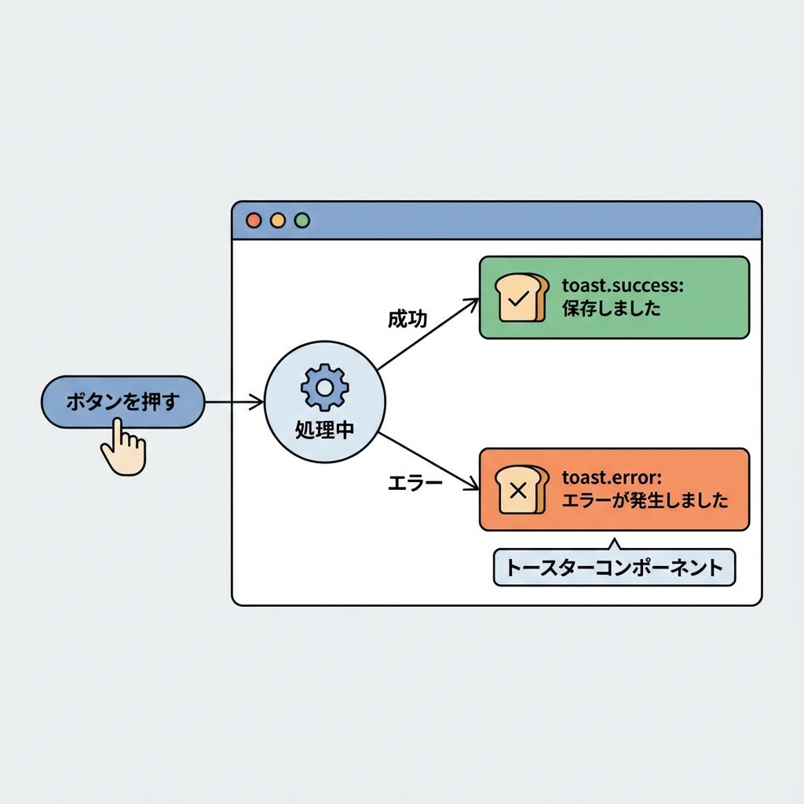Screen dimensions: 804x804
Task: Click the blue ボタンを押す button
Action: click(122, 401)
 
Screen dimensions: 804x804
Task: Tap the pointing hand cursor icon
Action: click(123, 447)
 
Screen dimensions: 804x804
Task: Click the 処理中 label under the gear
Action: click(325, 430)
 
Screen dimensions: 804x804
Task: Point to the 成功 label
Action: click(407, 319)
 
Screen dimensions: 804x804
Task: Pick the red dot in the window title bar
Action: click(254, 221)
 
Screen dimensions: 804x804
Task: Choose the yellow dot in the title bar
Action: click(277, 221)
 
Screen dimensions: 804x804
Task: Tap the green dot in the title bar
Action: click(301, 221)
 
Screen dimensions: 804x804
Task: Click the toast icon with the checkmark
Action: click(520, 298)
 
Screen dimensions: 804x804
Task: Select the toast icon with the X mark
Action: click(520, 490)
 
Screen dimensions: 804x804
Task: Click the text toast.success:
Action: click(623, 286)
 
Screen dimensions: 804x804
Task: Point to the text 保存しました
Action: click(611, 309)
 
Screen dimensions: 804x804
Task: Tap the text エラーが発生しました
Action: click(645, 500)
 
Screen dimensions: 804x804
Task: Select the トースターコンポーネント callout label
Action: click(614, 568)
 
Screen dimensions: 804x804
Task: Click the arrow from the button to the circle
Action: click(233, 402)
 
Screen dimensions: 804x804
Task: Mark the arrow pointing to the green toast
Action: click(428, 334)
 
